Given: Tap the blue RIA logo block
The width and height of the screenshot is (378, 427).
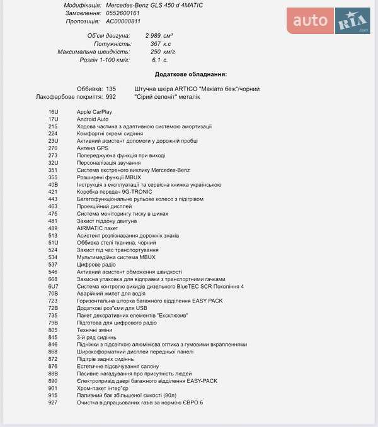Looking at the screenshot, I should (x=352, y=21).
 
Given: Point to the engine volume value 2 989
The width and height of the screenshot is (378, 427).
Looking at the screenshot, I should (x=155, y=36).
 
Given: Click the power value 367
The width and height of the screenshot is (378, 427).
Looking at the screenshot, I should (x=156, y=44).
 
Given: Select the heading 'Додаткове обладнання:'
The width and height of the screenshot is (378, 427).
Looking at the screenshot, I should (x=191, y=74).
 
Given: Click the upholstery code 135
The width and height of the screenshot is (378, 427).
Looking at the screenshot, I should (x=111, y=89).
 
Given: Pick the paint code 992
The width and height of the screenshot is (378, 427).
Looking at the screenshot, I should (x=111, y=97).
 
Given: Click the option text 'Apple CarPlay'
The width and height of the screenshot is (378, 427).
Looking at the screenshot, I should (x=94, y=111).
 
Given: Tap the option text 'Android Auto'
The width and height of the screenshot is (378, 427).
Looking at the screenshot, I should (x=93, y=119).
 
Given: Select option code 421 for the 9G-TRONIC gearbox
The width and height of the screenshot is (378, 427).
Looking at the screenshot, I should (x=53, y=192).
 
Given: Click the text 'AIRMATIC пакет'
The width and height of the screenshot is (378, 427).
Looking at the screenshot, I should (x=98, y=228).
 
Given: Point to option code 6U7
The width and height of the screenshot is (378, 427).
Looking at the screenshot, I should (x=53, y=286).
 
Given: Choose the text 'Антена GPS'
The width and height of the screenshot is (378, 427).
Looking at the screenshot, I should (x=93, y=148).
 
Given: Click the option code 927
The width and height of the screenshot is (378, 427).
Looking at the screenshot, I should (x=53, y=402).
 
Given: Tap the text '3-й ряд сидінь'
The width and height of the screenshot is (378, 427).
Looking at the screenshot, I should (x=96, y=337).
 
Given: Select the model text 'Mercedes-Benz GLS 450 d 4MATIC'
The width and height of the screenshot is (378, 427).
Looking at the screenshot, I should (x=154, y=5).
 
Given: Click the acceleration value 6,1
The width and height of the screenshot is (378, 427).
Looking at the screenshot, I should (x=157, y=60).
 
